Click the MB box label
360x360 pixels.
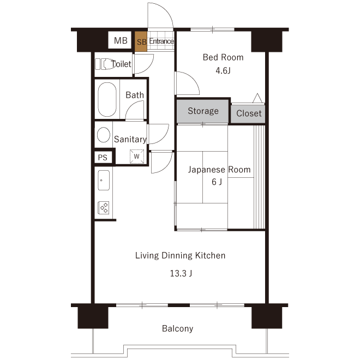(x=121, y=41)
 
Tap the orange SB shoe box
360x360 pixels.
(x=141, y=42)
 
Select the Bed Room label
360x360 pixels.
(x=223, y=57)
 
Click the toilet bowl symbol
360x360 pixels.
(x=106, y=64)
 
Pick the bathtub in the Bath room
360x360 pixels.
(x=107, y=100)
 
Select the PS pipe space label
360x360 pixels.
(x=103, y=157)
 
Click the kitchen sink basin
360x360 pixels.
(x=103, y=179)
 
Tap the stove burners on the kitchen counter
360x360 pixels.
(x=103, y=207)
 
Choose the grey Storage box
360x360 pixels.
(x=203, y=111)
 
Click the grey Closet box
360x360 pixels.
(x=249, y=113)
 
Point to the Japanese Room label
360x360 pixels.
(x=219, y=170)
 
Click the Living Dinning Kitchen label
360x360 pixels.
(x=180, y=255)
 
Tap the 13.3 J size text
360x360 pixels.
(x=181, y=273)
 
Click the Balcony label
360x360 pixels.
(x=177, y=329)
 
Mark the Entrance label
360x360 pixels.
(x=161, y=41)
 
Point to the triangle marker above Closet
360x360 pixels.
(x=257, y=98)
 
